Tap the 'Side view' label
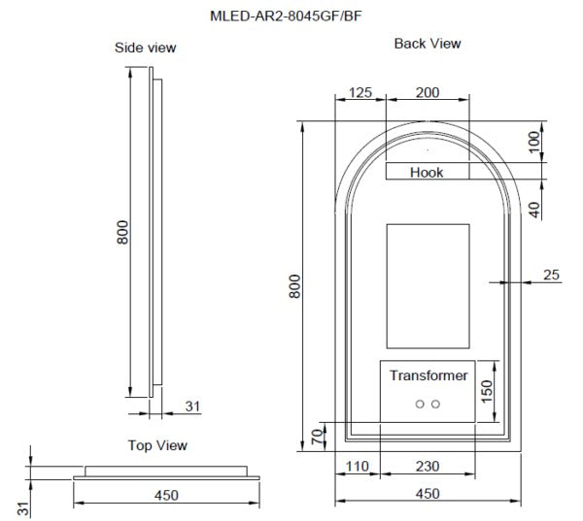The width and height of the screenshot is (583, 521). click(146, 48)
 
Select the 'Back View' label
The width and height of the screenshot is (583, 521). click(428, 44)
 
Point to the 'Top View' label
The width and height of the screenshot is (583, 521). click(157, 445)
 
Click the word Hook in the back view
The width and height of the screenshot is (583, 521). click(427, 173)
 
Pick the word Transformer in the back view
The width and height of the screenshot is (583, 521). click(429, 375)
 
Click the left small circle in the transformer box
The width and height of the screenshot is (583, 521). click(420, 403)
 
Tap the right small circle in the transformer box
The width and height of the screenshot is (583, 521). click(435, 403)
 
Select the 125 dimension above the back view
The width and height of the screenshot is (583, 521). click(360, 93)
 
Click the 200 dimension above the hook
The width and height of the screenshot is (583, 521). click(427, 93)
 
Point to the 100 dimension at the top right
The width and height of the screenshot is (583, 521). click(533, 142)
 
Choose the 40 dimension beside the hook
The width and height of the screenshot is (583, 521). click(533, 208)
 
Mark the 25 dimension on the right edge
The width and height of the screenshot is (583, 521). click(551, 276)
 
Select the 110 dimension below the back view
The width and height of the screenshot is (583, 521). click(359, 467)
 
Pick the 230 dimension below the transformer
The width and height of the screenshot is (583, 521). click(427, 467)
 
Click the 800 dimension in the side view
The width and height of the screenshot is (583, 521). click(122, 233)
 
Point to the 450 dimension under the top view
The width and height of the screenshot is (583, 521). click(166, 496)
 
